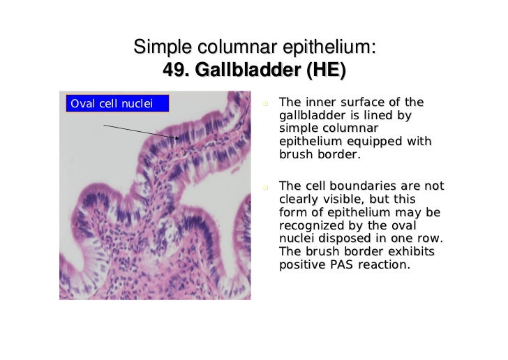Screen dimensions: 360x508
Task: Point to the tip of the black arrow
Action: tap(179, 138)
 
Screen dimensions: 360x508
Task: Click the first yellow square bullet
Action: tap(266, 105)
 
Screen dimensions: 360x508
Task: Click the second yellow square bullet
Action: tap(266, 187)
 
